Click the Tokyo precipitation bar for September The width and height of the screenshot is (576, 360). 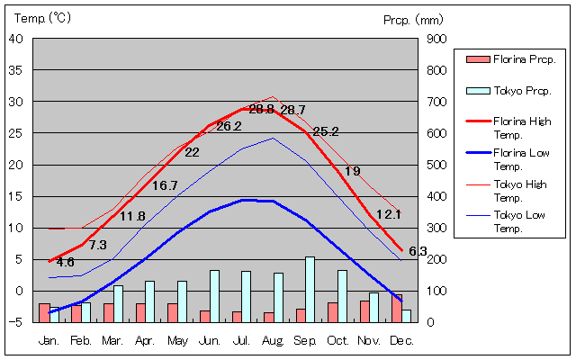click(310, 289)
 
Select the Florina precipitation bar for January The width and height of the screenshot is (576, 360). click(44, 312)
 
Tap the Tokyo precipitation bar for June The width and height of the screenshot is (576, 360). click(214, 295)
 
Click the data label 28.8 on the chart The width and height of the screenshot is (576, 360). click(261, 109)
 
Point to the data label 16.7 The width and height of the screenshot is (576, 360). click(165, 185)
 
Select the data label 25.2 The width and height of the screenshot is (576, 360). click(326, 131)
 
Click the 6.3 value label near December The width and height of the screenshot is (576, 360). click(418, 251)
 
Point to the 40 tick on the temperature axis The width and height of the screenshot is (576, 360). click(17, 39)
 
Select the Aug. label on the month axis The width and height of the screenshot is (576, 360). click(274, 340)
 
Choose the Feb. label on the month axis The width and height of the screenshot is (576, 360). click(81, 340)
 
